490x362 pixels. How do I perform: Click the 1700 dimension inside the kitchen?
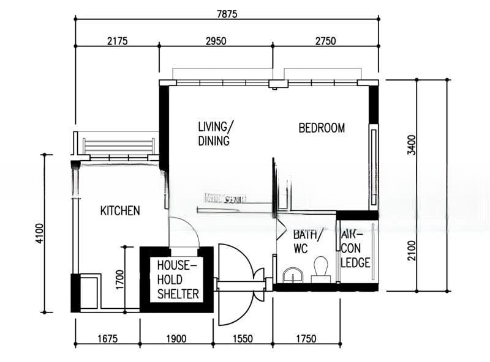pos(119,279)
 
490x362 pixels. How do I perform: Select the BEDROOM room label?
pos(322,128)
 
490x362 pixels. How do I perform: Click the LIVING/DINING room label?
pos(215,134)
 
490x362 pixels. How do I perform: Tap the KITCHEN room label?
pos(120,211)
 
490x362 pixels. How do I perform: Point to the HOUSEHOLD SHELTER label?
pos(177,279)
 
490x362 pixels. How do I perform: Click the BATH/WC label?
pos(305,242)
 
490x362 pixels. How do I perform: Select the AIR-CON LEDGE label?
pos(355,249)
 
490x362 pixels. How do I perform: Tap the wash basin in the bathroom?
pos(293,275)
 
